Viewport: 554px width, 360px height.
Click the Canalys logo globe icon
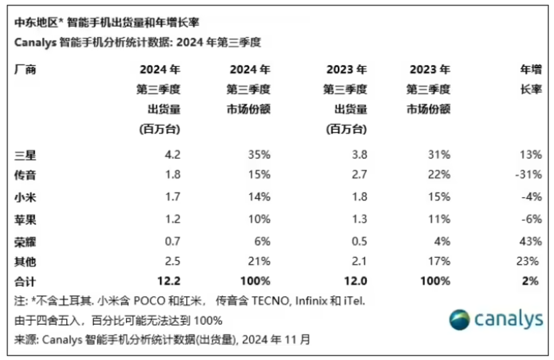point(459,320)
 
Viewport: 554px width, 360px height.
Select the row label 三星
point(25,155)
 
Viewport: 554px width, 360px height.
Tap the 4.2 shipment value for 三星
point(172,155)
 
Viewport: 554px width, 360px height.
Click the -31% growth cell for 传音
point(529,174)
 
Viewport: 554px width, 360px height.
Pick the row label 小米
point(25,197)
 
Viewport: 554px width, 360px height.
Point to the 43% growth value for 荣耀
point(531,241)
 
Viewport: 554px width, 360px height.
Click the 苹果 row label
point(25,219)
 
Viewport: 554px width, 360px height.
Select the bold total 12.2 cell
point(169,281)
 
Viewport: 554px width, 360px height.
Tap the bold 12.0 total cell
point(356,281)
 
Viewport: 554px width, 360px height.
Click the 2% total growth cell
point(530,281)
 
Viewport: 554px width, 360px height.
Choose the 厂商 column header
point(25,70)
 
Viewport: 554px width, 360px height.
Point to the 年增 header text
point(531,70)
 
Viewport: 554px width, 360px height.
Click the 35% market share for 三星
point(259,155)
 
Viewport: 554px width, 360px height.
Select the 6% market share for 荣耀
point(262,241)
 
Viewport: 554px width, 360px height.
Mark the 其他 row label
point(25,262)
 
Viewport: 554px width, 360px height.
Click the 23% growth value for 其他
point(527,261)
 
